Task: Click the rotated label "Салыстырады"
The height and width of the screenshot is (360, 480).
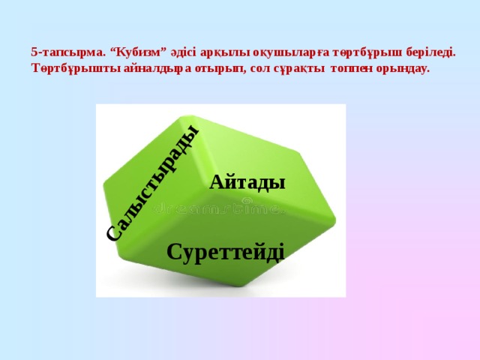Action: coord(152,182)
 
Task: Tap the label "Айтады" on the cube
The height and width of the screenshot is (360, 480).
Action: coord(247,182)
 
